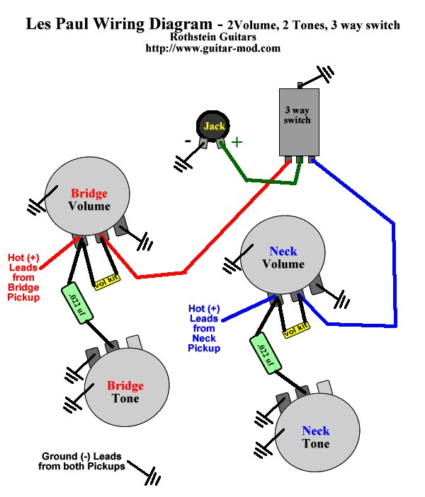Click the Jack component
[214, 126]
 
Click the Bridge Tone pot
[126, 391]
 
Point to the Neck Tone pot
[315, 436]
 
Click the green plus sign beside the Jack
[237, 141]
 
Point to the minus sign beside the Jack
[188, 141]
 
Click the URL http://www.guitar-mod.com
[212, 49]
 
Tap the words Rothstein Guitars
[212, 37]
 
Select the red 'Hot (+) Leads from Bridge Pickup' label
[23, 277]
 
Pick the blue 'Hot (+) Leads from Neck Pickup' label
[204, 328]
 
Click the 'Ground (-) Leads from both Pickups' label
[83, 461]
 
